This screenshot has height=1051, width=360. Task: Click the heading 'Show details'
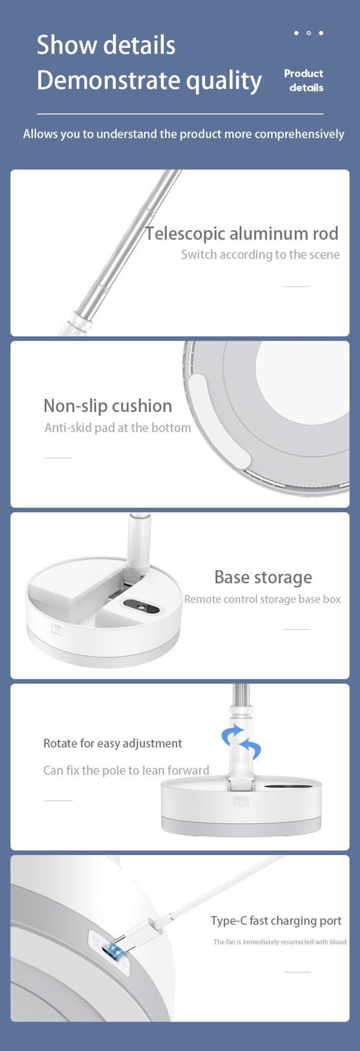pos(106,45)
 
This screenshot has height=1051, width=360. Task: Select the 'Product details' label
pos(304,80)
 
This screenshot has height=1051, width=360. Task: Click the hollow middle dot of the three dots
pos(308,33)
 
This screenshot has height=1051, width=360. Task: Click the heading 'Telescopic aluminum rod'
pos(242,233)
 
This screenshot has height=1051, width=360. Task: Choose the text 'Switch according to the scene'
pos(260,255)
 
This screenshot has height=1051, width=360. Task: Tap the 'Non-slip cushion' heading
pos(108,406)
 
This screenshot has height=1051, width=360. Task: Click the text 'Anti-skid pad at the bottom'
pos(118,428)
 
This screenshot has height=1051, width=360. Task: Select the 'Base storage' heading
pos(263,577)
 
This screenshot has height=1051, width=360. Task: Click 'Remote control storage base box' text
pos(262,599)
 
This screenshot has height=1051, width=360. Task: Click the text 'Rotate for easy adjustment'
pos(112,743)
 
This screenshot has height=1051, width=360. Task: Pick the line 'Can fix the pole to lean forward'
pos(126,770)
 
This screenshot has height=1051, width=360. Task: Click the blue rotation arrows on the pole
pos(241,741)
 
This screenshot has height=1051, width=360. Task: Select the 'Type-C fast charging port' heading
pos(276,921)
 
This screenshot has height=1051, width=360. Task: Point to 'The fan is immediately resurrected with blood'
pos(280,942)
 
